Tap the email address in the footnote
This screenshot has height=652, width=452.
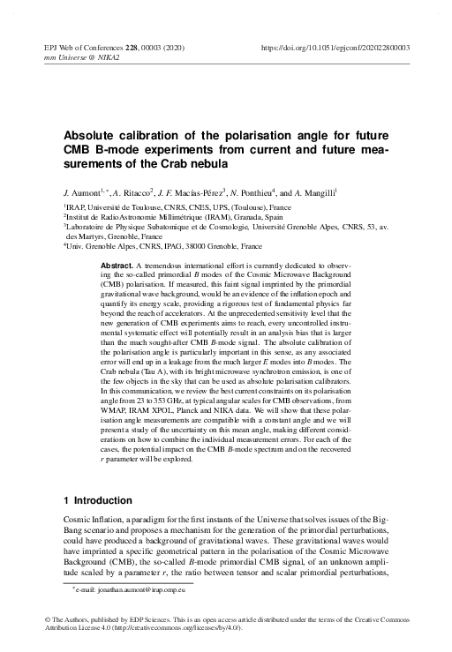coord(133,586)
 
